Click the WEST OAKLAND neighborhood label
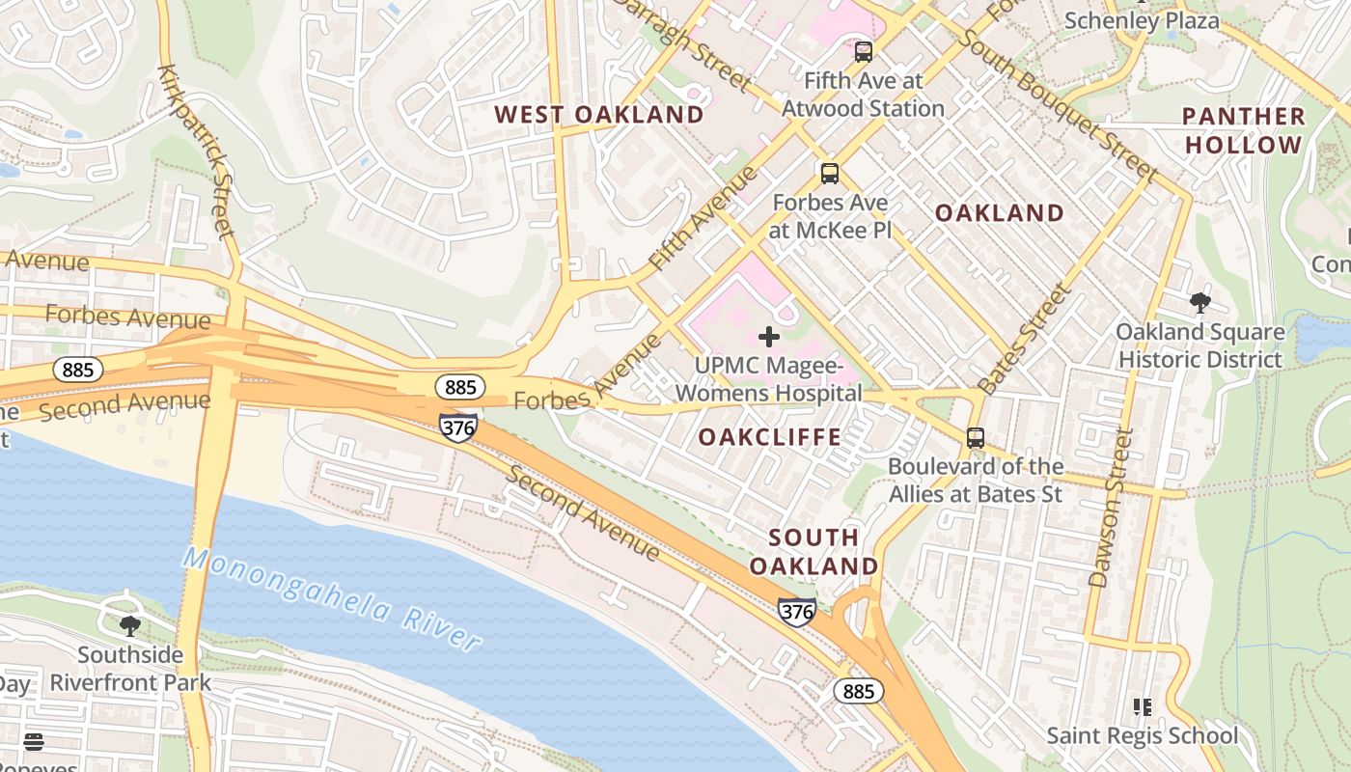(599, 115)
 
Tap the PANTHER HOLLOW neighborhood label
(1244, 131)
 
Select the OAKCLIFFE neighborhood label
(769, 437)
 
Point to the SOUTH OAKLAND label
(813, 552)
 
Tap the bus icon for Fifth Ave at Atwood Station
(863, 52)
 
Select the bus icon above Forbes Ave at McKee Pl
(829, 174)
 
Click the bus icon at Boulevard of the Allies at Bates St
(976, 437)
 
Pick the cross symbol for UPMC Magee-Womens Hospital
(769, 337)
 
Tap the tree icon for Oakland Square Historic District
(1199, 303)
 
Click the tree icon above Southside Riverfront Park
(129, 626)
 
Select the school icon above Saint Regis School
(1142, 707)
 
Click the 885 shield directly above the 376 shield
(460, 387)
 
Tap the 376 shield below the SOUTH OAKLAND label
(797, 612)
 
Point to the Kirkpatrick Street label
(197, 152)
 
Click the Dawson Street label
(1112, 508)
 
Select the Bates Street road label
(1025, 338)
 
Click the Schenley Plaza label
(1142, 20)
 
